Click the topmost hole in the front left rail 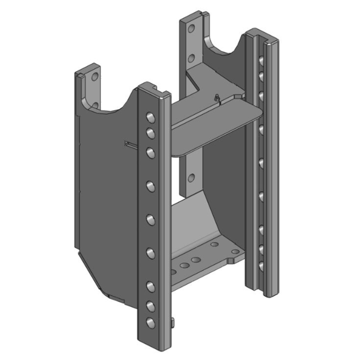(x=149, y=118)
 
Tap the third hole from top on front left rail (x=149, y=152)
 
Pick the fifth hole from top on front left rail (x=150, y=219)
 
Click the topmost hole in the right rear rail (x=261, y=59)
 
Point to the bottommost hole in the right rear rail (x=261, y=266)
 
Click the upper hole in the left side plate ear (x=94, y=76)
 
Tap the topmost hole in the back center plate (x=191, y=30)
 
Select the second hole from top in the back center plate (x=191, y=58)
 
